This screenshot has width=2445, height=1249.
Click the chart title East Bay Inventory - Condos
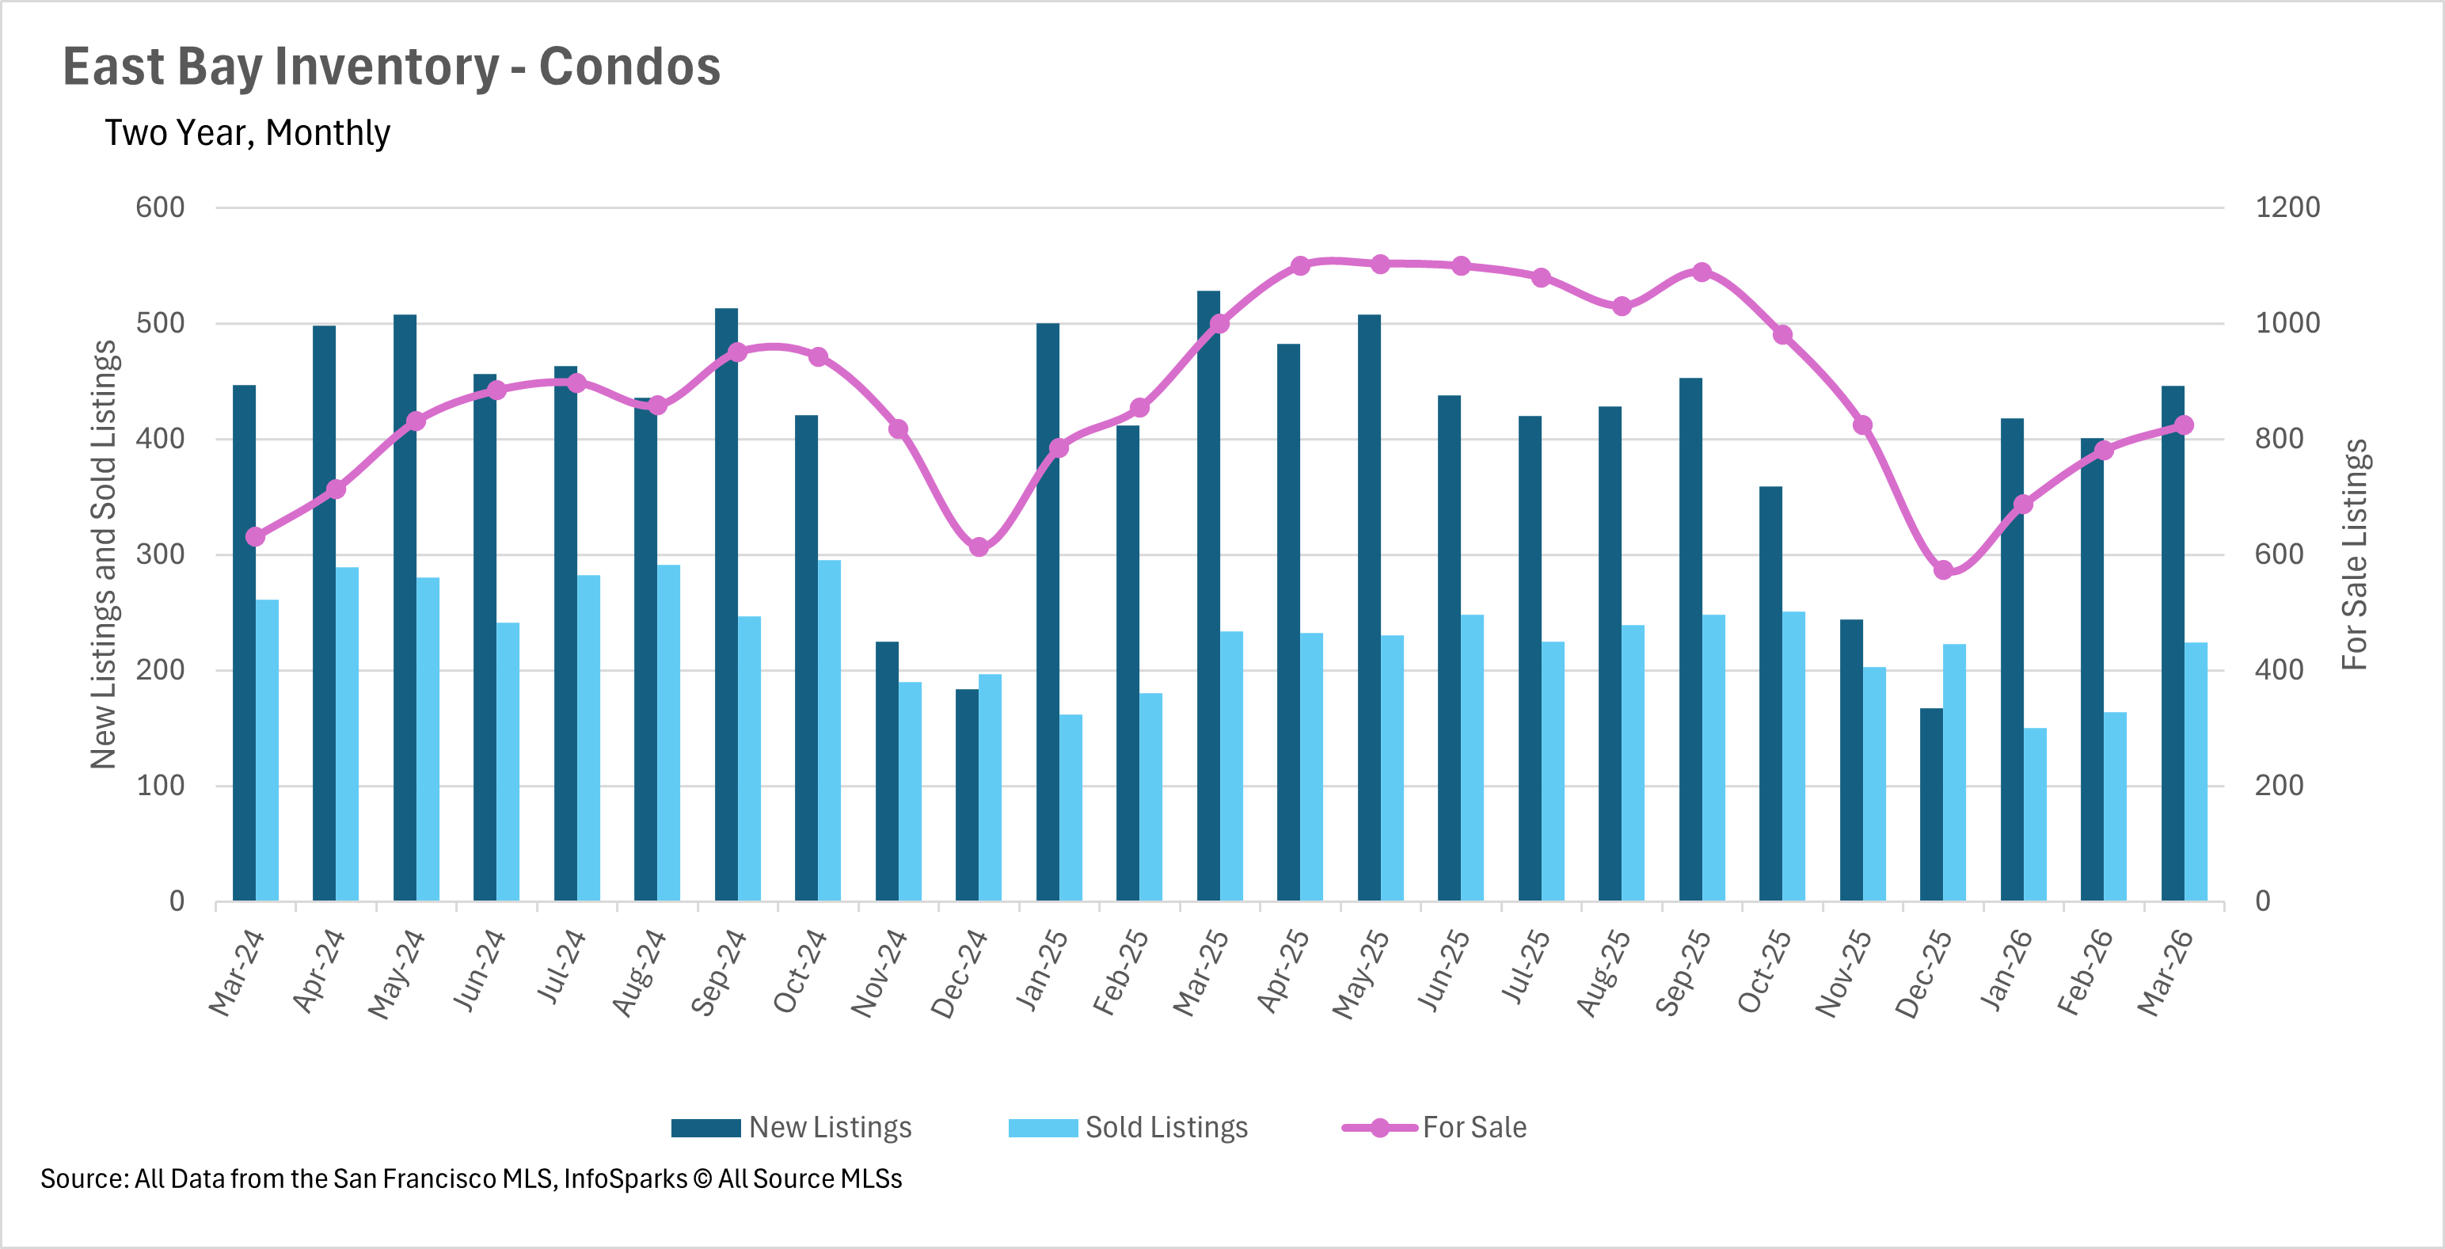point(391,67)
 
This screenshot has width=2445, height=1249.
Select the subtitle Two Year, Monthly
point(247,133)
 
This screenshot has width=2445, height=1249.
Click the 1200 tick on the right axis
point(2287,207)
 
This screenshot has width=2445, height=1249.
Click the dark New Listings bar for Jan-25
point(1048,612)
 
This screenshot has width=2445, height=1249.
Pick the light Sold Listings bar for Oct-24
point(830,731)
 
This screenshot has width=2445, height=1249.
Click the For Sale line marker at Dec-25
point(1943,570)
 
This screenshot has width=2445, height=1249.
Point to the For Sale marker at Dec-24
point(979,546)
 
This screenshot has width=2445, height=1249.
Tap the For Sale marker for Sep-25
point(1702,272)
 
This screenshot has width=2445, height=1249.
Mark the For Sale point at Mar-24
point(255,537)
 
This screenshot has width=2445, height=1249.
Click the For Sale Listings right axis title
point(2355,554)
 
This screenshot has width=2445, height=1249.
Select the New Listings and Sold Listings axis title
point(104,554)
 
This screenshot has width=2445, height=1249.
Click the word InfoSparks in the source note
point(626,1179)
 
